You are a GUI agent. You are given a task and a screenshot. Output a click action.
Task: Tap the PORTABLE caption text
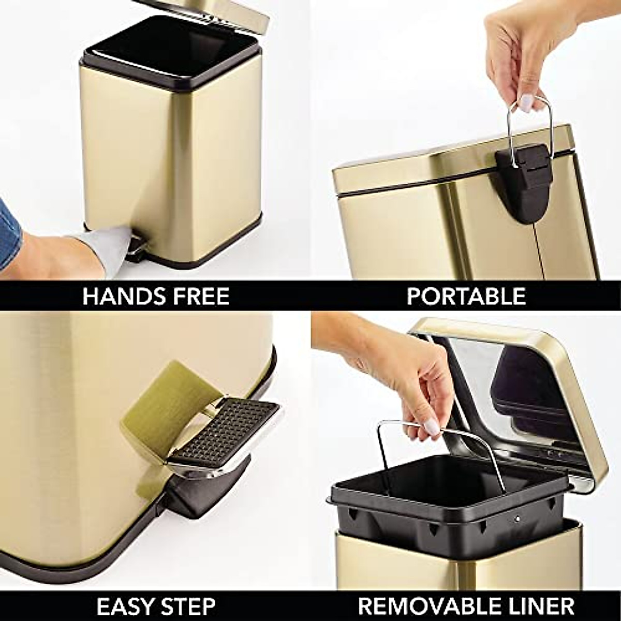tap(466, 296)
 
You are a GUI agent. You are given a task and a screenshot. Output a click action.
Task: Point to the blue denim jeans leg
tap(6, 228)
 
